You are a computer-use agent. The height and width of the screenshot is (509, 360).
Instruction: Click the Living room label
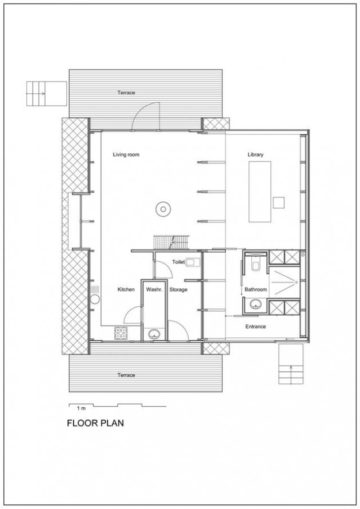(126, 154)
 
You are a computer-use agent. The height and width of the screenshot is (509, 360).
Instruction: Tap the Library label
(255, 154)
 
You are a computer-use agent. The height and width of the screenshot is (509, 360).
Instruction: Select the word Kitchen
(126, 289)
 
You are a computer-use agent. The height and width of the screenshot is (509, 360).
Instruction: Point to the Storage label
(178, 289)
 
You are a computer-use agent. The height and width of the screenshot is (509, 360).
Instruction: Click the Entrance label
(255, 327)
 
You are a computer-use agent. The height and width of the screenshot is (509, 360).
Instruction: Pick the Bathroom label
(255, 289)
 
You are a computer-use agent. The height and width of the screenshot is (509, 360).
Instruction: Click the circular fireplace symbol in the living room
(162, 209)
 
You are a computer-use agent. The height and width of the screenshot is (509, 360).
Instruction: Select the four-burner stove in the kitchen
(121, 333)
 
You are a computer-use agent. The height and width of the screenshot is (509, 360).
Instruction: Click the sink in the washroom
(154, 333)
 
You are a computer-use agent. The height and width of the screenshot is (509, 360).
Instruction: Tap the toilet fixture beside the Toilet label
(194, 261)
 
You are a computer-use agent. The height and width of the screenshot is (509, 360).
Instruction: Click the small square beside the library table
(279, 202)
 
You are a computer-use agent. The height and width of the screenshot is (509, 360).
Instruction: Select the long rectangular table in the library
(259, 192)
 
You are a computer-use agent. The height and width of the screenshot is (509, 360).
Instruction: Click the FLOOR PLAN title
(95, 423)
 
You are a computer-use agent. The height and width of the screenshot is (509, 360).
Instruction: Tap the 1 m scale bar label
(81, 408)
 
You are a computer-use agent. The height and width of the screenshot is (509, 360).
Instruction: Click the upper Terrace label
(126, 93)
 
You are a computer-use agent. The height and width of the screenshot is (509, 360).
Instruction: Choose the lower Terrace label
(126, 375)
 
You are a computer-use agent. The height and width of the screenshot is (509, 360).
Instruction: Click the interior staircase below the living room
(171, 242)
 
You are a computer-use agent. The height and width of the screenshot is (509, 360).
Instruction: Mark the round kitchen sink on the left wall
(95, 299)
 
